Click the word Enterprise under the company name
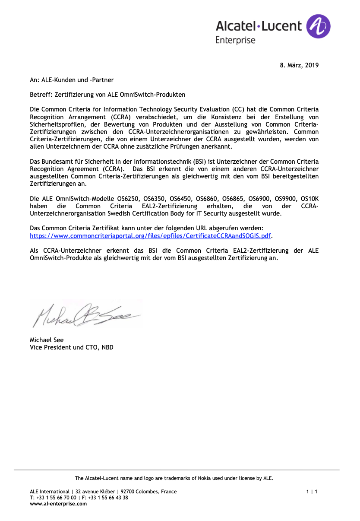click(235, 40)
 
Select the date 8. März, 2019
click(299, 66)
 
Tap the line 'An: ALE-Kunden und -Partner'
click(72, 80)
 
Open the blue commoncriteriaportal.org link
click(150, 236)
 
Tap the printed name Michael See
click(47, 340)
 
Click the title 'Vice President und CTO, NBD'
click(72, 347)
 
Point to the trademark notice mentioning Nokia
click(174, 478)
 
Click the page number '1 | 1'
click(312, 492)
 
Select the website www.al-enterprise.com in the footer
click(58, 504)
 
